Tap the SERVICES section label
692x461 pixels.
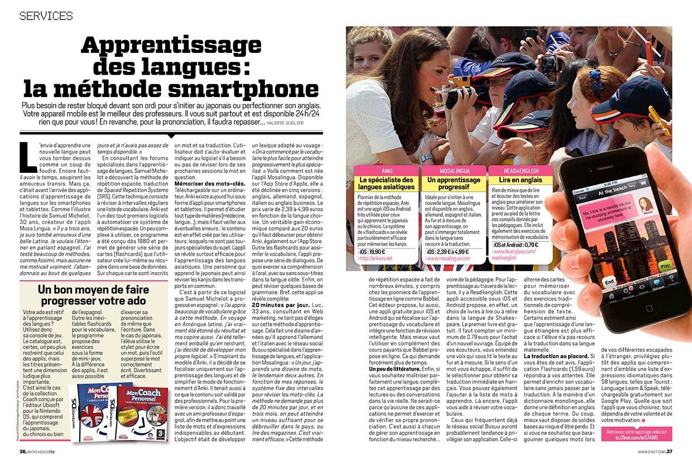point(46,16)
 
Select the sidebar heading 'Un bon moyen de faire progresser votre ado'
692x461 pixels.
point(93,296)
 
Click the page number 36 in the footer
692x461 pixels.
point(23,452)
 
